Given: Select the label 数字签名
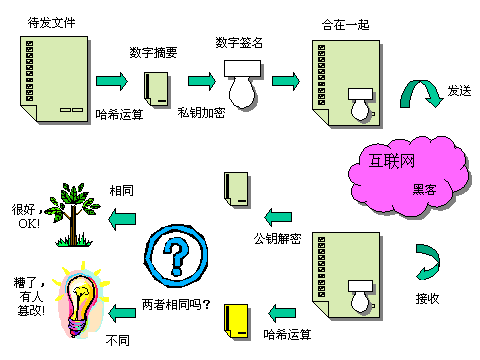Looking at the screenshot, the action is pos(240,42).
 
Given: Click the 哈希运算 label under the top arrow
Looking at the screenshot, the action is pos(119,112).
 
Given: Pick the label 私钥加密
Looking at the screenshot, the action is pos(202,113).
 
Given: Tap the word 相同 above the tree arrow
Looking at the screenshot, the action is pos(122,189).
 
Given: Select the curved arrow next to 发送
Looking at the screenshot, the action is pos(421,96).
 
